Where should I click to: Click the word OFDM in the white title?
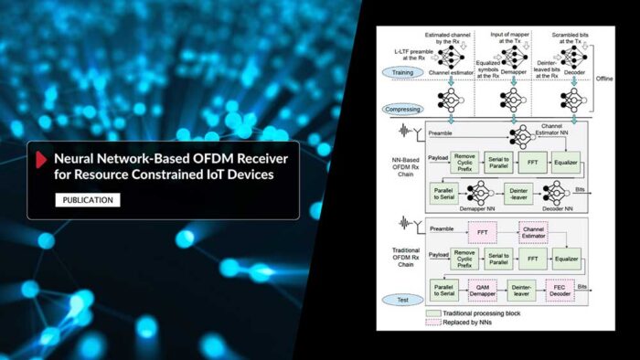coord(195,156)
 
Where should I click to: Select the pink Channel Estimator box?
coord(532,233)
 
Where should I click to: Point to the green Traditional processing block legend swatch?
coord(431,313)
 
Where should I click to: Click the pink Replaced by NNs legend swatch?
coord(431,324)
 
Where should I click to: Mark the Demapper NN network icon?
coord(478,194)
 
